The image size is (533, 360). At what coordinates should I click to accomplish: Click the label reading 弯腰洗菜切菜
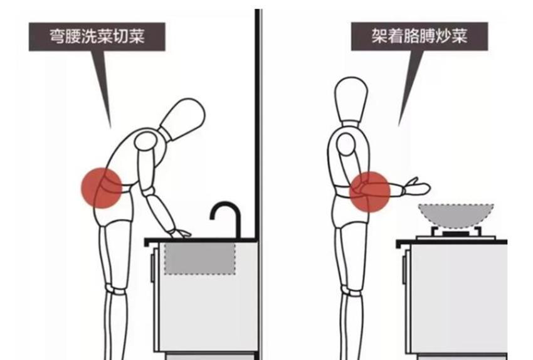(97, 36)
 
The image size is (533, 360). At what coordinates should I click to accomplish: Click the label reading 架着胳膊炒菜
(420, 36)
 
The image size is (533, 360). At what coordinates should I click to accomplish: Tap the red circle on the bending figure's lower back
(102, 188)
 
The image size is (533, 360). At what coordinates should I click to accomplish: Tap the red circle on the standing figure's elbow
(370, 192)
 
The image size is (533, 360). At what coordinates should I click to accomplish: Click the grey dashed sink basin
(200, 258)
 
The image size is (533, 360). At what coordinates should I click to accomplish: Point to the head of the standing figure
(352, 98)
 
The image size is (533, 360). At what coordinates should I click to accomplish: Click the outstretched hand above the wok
(416, 187)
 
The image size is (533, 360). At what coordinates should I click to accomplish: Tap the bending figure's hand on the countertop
(180, 234)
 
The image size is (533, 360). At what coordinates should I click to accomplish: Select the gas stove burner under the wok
(455, 233)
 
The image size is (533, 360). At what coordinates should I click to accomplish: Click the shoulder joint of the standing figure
(346, 144)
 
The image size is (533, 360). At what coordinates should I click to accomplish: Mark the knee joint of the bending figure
(116, 290)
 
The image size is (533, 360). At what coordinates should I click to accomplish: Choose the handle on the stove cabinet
(404, 270)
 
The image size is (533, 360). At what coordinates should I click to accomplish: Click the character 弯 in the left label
(58, 36)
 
